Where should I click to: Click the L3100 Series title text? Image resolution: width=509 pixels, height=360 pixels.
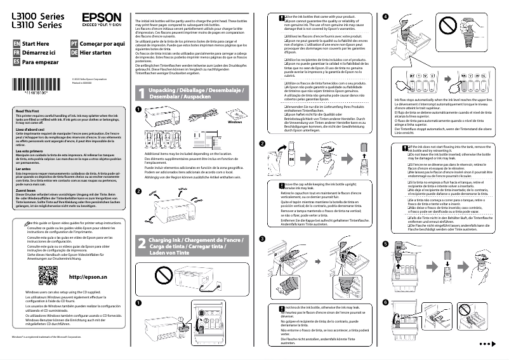pos(36,13)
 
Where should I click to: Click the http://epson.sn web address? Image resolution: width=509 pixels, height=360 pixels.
pos(88,277)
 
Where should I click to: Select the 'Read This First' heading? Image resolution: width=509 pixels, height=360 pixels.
pos(27,111)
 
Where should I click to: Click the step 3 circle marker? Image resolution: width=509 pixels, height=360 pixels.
pos(262,237)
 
